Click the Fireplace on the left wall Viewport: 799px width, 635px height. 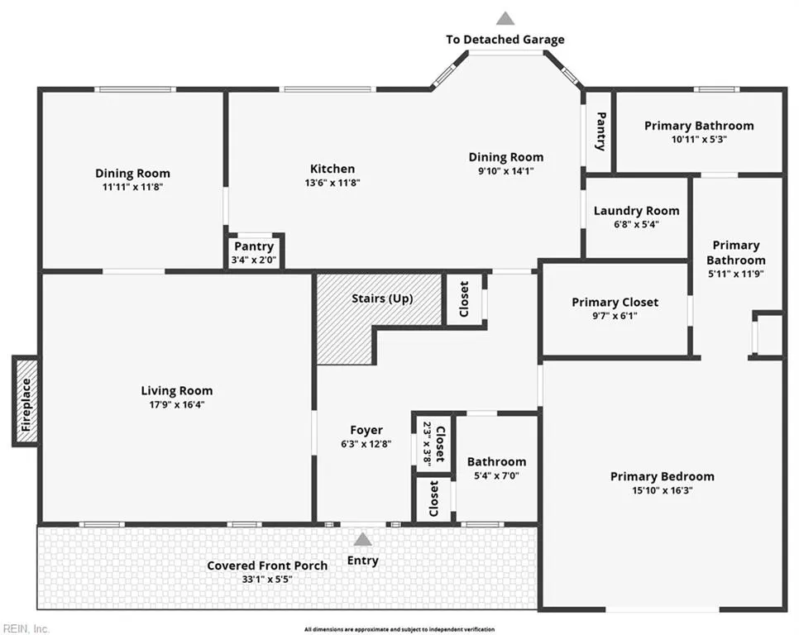[x=26, y=401]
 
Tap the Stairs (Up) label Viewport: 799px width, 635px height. [x=382, y=298]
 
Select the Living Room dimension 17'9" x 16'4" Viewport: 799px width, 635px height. [x=177, y=405]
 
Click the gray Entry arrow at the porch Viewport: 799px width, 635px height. [x=362, y=539]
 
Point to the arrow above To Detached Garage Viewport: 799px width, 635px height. [x=505, y=18]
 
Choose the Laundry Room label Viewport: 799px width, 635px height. [x=636, y=211]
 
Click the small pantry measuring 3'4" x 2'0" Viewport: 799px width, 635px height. [x=254, y=251]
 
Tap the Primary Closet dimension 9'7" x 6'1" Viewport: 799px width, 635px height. [x=615, y=316]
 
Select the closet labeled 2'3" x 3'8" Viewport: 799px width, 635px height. [x=433, y=442]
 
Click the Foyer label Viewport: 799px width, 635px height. [x=366, y=430]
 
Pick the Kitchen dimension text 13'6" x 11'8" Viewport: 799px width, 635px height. [x=333, y=182]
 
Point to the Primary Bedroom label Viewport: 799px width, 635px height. [x=663, y=476]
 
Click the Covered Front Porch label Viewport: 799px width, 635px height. [x=267, y=566]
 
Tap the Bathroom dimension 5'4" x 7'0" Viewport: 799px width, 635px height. [x=496, y=475]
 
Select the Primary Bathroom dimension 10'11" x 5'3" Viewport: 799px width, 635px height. [x=699, y=139]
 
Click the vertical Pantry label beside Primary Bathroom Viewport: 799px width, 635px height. [x=600, y=131]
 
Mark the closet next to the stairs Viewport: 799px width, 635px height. [x=464, y=299]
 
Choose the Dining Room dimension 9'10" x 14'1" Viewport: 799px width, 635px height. [x=506, y=171]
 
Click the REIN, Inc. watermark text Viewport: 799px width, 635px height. [x=25, y=629]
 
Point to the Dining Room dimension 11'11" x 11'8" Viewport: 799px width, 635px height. [x=132, y=187]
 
